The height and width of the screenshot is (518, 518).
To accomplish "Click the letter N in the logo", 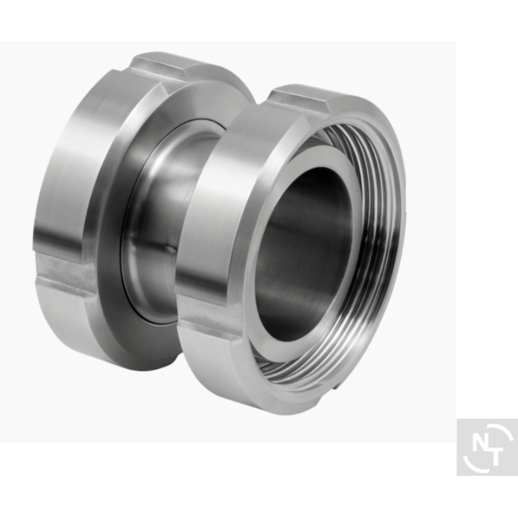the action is (480, 442).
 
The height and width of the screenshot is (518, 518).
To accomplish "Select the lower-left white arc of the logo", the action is (473, 464).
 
